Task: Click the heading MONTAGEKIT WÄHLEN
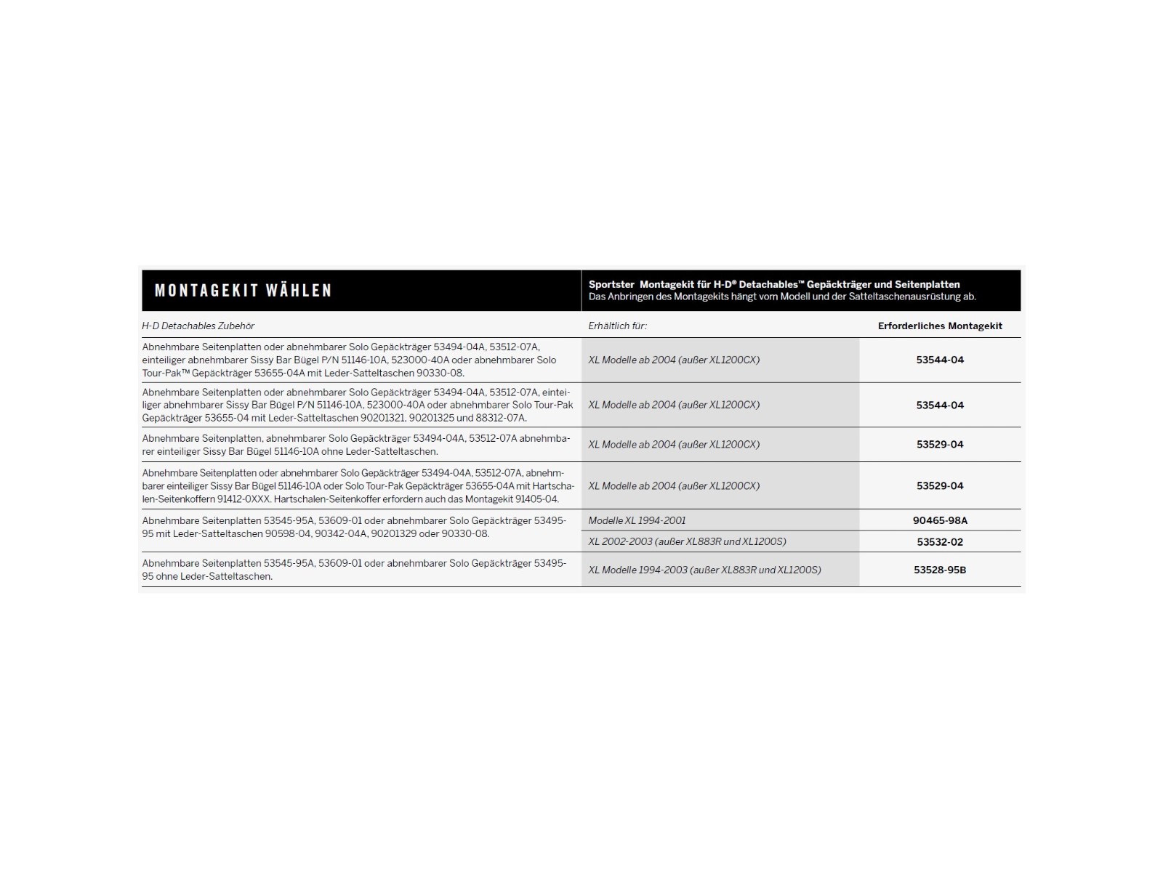coord(243,291)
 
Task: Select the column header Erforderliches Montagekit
coord(940,326)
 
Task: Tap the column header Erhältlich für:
coord(617,326)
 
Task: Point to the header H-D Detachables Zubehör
coord(198,326)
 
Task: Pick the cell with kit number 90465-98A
coord(940,520)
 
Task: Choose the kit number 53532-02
coord(940,542)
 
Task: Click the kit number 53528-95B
coord(940,570)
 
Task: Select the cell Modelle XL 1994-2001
coord(637,520)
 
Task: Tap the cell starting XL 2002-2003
coord(687,541)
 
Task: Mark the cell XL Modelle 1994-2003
coord(704,570)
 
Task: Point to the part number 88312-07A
coord(501,419)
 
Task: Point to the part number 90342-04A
coord(339,534)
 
